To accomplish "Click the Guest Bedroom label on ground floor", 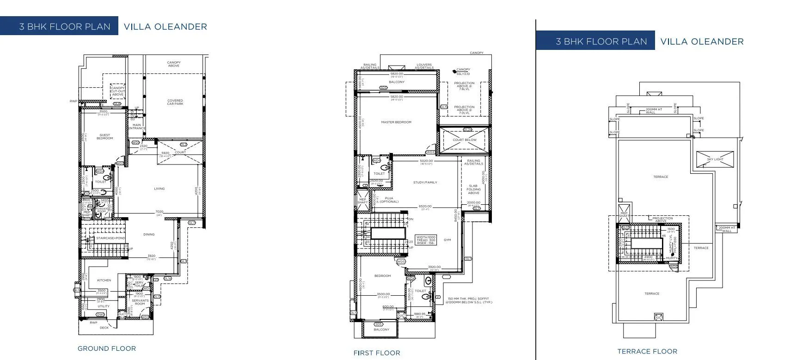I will (x=105, y=137).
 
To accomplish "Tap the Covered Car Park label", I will (x=175, y=102).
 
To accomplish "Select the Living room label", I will (x=159, y=189).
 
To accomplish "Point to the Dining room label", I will (x=149, y=234).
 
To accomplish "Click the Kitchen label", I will (x=104, y=281).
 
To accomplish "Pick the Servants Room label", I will (x=140, y=302).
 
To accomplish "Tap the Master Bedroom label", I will (x=396, y=122).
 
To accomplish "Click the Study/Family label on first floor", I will (x=425, y=183).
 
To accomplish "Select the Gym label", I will (x=447, y=240).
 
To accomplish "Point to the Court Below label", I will (x=465, y=140).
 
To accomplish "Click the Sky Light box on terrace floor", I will (x=715, y=159).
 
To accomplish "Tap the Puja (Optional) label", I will (x=388, y=200).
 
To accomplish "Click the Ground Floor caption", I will (x=107, y=349).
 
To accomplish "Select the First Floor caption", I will (x=377, y=353).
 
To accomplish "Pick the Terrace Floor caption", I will (x=647, y=352).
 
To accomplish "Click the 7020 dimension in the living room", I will (x=159, y=212).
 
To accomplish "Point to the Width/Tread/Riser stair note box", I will (x=426, y=240).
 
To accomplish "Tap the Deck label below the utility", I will (x=104, y=328).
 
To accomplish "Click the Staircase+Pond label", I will (x=110, y=238).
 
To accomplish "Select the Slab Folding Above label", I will (x=473, y=189).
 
